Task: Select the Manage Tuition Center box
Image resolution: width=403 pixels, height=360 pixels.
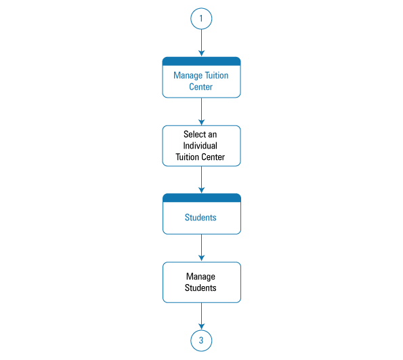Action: click(x=202, y=77)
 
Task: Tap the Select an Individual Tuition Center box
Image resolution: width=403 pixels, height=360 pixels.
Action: click(x=202, y=146)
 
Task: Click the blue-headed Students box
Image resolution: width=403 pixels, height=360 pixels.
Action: click(x=202, y=214)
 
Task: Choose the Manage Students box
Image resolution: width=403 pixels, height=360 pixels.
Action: click(x=202, y=282)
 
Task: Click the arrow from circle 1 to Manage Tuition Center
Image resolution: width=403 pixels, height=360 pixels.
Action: click(x=202, y=43)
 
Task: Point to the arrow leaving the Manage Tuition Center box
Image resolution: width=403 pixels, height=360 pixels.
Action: click(x=202, y=112)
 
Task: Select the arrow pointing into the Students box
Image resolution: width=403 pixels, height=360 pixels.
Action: click(x=202, y=180)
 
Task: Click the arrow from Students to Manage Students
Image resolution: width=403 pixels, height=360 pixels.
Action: click(x=202, y=248)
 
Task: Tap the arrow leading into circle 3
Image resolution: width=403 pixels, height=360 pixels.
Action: click(x=202, y=316)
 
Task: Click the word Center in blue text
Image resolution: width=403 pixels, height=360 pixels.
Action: click(x=200, y=87)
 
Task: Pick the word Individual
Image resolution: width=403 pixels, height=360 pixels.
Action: click(x=200, y=146)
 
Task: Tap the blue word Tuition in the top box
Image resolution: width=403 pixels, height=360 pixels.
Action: click(x=217, y=75)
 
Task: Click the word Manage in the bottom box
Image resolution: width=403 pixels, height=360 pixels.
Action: click(x=200, y=277)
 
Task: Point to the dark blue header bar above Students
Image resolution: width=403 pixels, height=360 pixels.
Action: click(x=202, y=197)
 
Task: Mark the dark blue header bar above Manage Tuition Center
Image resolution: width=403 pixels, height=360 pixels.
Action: click(x=202, y=61)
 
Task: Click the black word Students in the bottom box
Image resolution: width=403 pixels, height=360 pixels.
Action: click(x=200, y=287)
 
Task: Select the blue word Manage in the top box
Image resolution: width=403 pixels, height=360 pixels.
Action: click(x=188, y=76)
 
